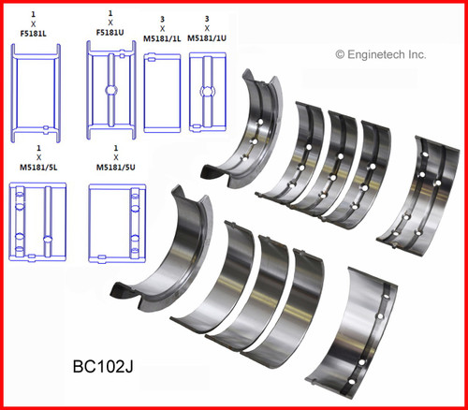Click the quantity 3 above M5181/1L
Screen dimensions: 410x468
(x=163, y=18)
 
